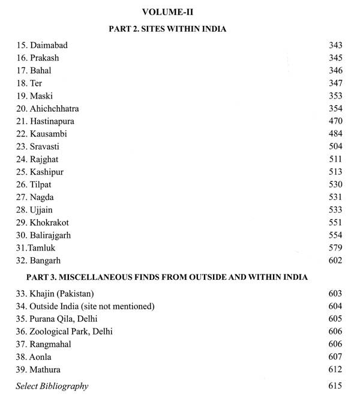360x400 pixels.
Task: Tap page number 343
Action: coord(335,46)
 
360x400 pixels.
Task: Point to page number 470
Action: coord(335,121)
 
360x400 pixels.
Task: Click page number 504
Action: coord(335,146)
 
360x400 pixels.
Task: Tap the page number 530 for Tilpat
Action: coord(335,184)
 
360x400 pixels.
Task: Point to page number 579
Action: coord(335,248)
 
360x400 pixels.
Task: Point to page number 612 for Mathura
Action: coord(335,369)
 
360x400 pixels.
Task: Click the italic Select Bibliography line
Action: coord(52,386)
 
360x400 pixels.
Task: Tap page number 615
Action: coord(335,386)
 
